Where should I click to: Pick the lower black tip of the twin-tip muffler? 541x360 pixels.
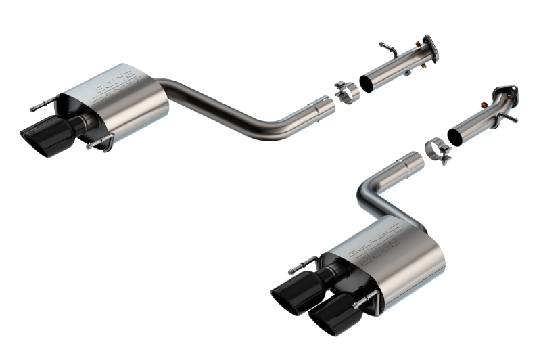(x=328, y=319)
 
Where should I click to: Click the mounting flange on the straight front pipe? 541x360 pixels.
(x=428, y=45)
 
